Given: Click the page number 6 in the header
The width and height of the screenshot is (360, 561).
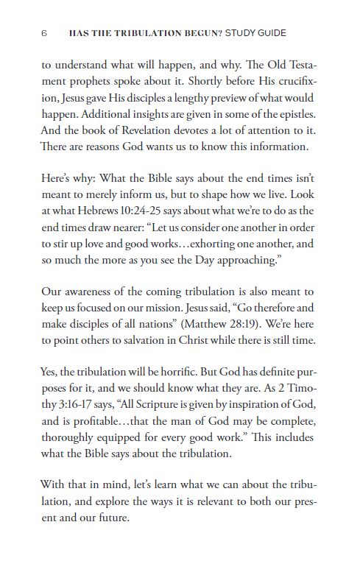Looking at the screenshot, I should (x=44, y=33).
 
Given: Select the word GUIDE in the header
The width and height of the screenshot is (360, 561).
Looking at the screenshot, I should (x=269, y=33).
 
